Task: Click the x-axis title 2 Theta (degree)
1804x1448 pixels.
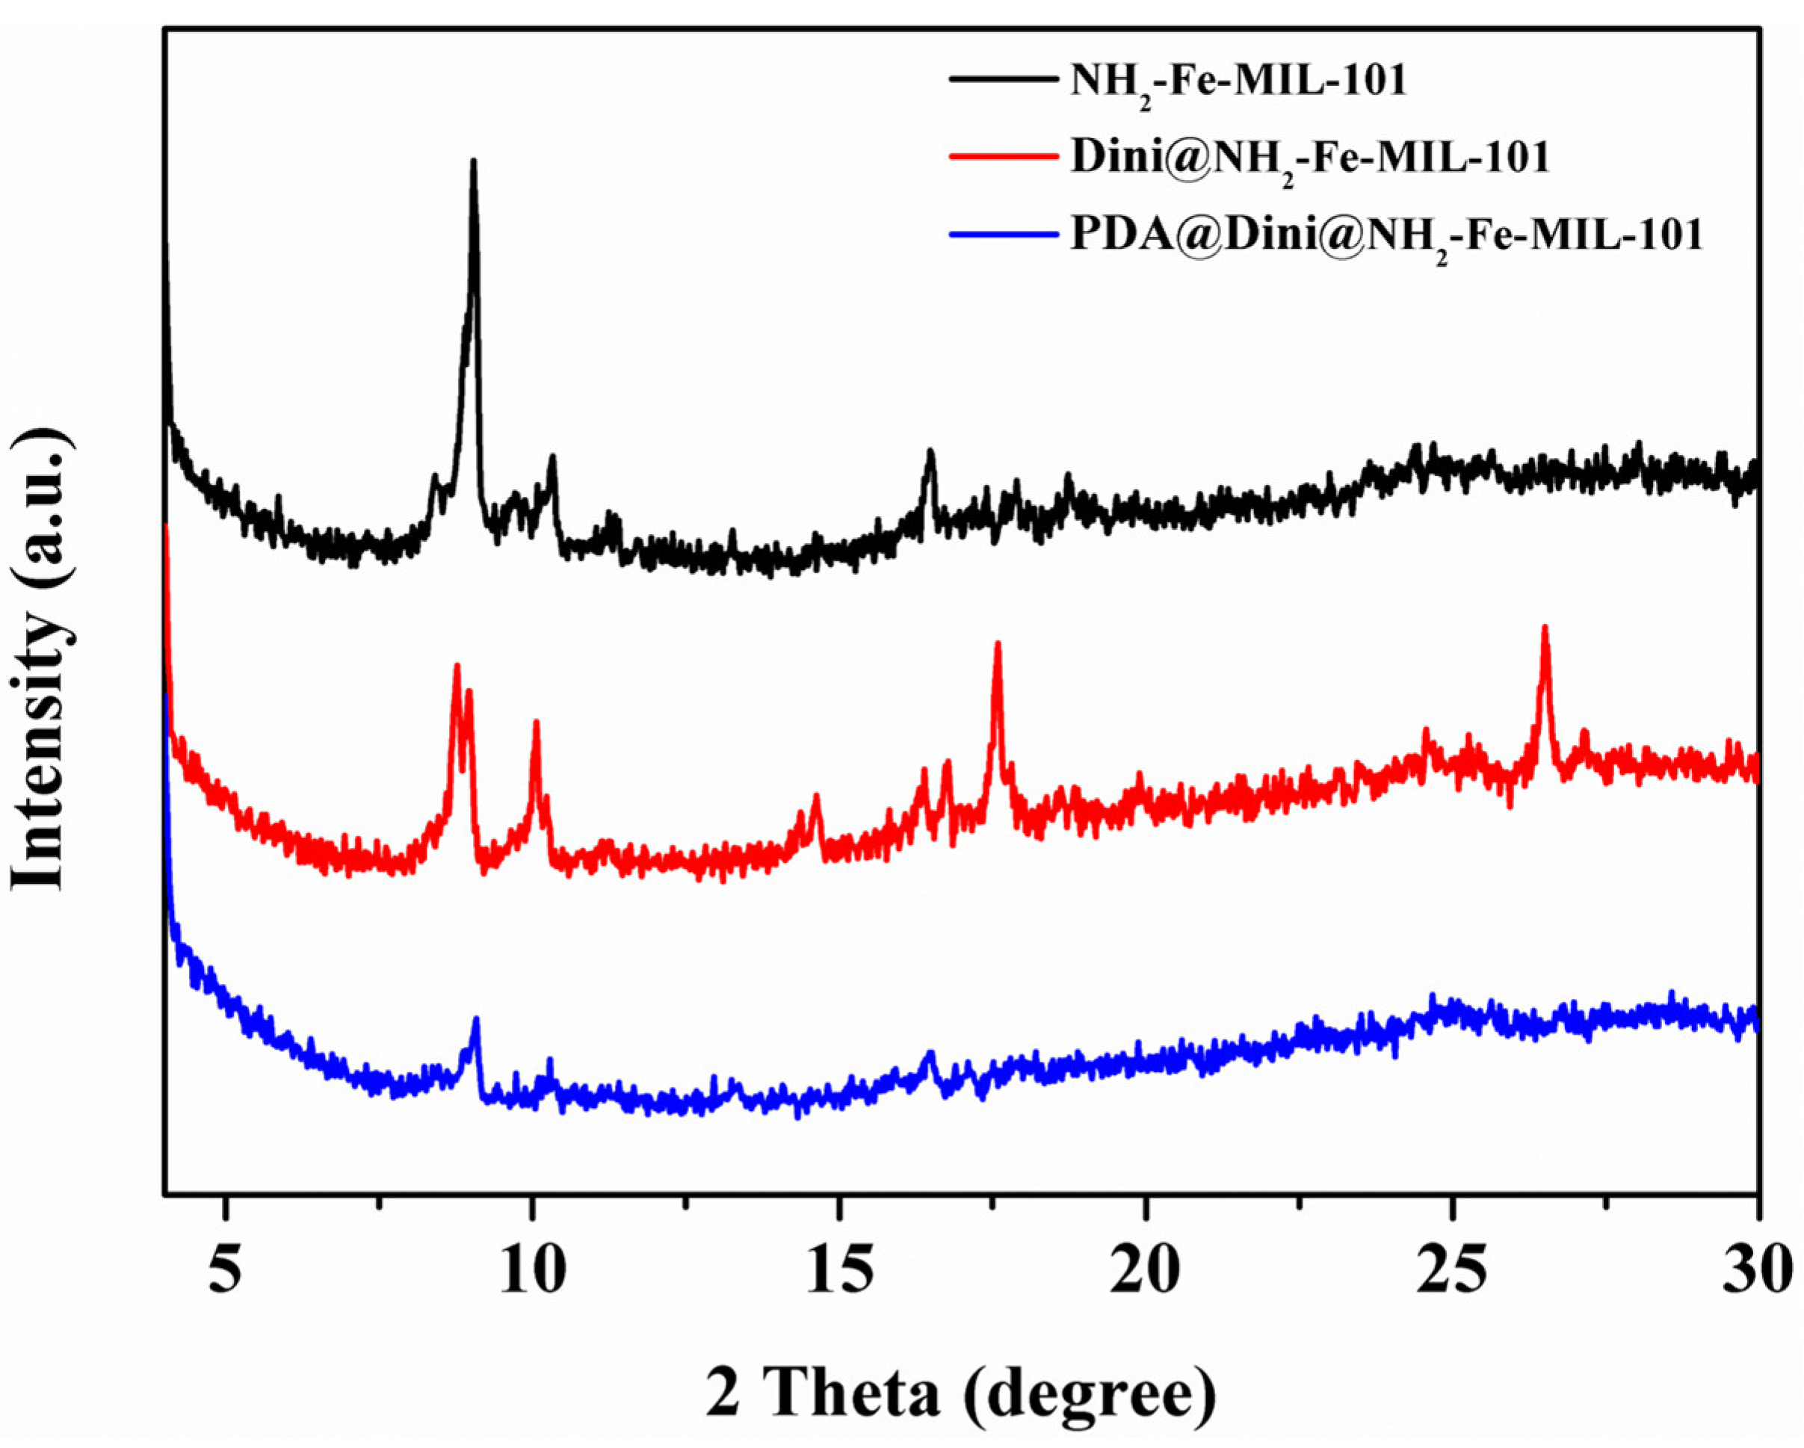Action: pos(960,1393)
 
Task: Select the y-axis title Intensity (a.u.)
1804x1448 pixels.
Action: pos(40,660)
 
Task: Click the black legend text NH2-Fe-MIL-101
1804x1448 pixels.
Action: pos(1238,84)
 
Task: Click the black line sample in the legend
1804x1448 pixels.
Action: pos(1001,79)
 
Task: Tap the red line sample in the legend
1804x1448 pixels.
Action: pos(1001,155)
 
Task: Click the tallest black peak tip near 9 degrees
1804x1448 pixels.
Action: pos(474,161)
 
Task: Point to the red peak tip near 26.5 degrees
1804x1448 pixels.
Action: pos(1545,627)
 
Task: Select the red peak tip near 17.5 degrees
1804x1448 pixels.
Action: pos(998,643)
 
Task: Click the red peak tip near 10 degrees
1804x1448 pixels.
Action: pos(536,722)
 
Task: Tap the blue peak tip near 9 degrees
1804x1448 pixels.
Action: pos(476,1020)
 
